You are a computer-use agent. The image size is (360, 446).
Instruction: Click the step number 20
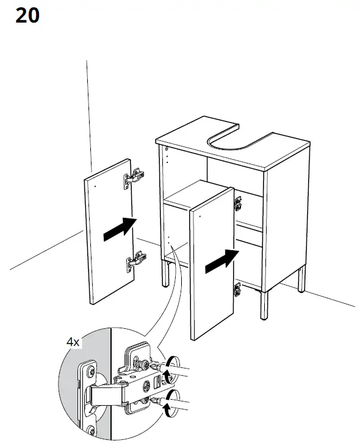(27, 15)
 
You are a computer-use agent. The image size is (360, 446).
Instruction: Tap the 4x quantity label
(73, 342)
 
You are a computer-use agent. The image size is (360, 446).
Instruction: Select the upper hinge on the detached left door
(135, 178)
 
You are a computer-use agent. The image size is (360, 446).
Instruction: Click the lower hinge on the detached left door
(135, 262)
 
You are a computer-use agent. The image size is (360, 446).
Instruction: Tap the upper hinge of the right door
(238, 203)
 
